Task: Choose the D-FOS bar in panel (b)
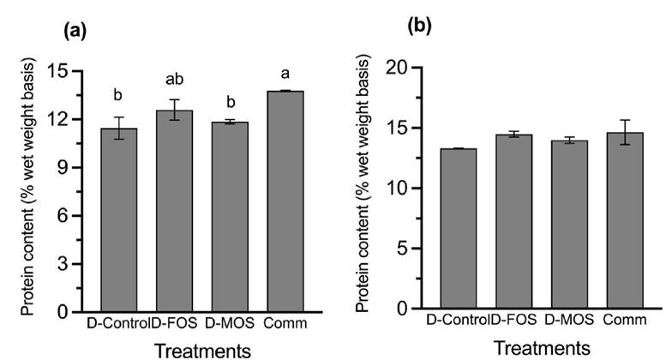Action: click(x=513, y=222)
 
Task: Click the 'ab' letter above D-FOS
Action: click(x=174, y=80)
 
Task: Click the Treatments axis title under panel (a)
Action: click(x=203, y=349)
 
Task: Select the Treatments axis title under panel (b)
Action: click(x=542, y=348)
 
